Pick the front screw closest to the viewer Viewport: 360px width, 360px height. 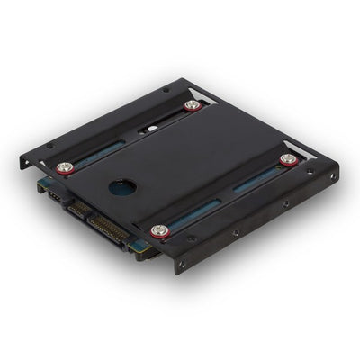click(160, 230)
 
